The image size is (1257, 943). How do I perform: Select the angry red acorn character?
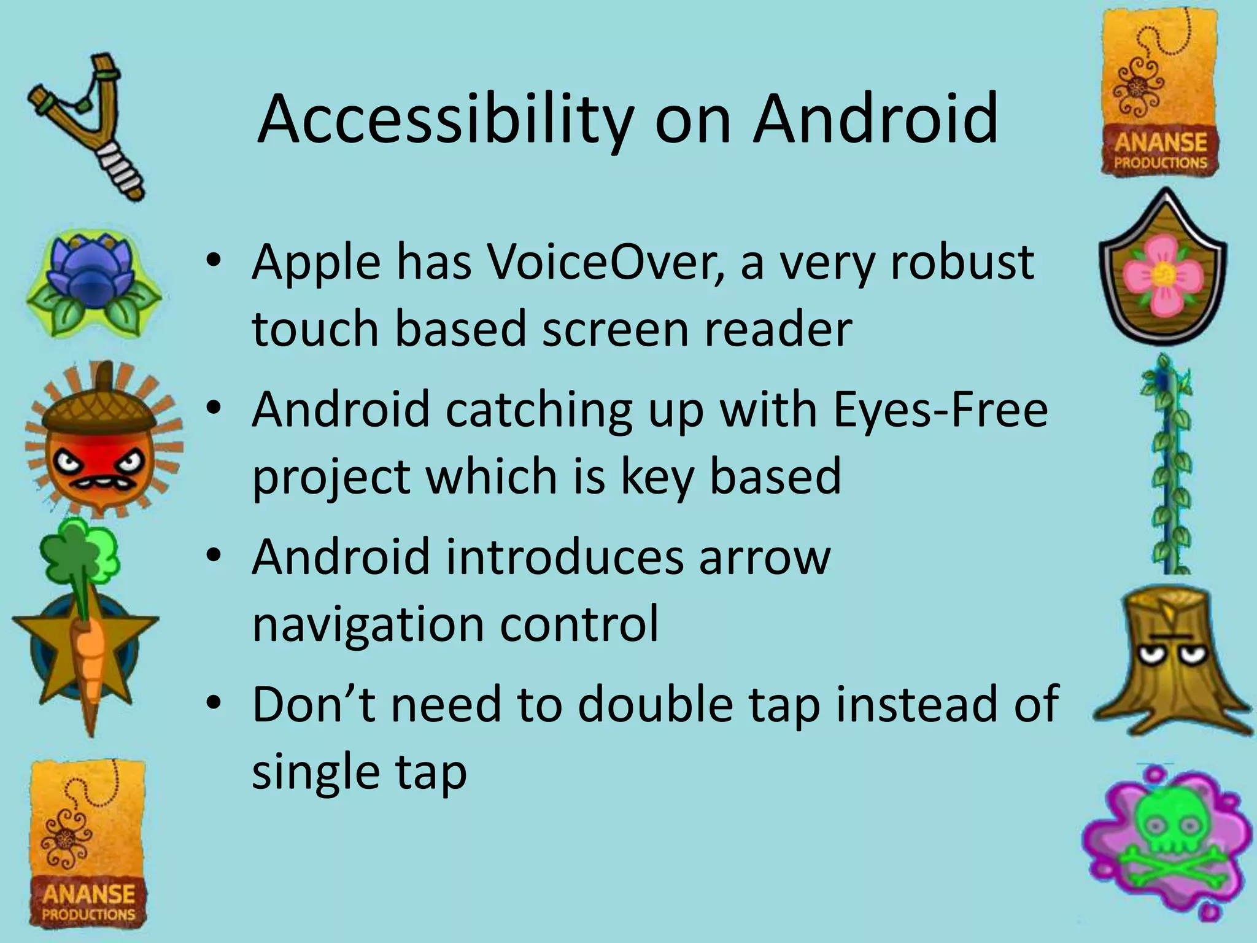tap(101, 442)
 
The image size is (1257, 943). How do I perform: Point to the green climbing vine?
tap(1166, 467)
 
